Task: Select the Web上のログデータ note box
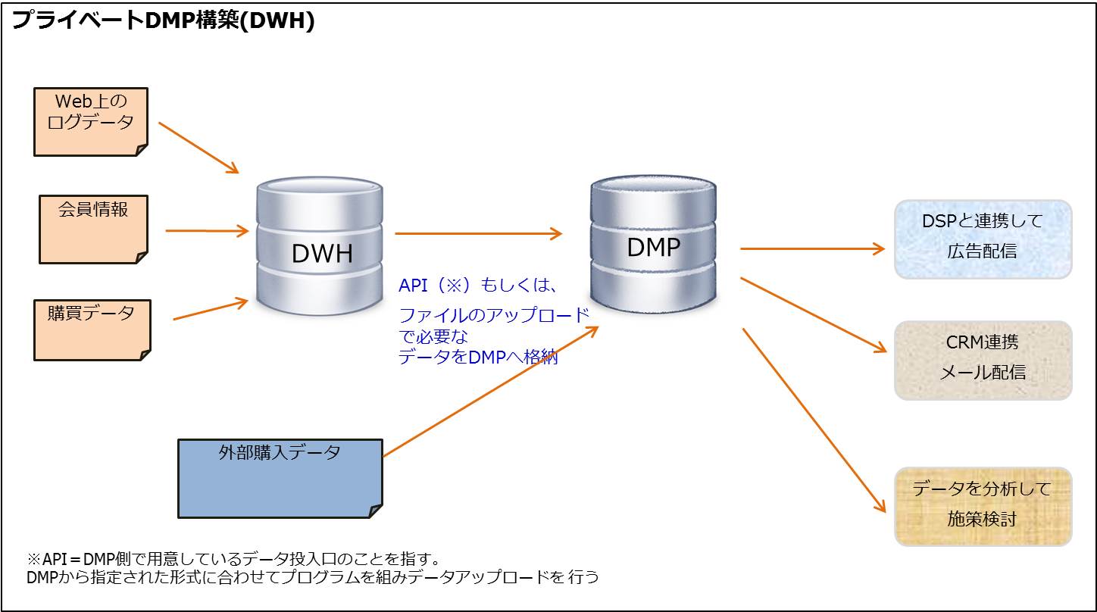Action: pos(91,122)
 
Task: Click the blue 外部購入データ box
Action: pos(280,478)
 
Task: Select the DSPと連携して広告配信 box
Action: pos(983,239)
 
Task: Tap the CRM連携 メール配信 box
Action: pos(983,360)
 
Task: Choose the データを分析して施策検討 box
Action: pos(983,506)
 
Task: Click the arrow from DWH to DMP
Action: pos(478,234)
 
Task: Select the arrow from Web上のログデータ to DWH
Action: pos(198,147)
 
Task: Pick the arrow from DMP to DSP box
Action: pos(811,248)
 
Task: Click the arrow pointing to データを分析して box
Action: pos(814,420)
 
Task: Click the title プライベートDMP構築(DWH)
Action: pos(163,21)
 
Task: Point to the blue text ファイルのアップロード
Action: pos(493,315)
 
